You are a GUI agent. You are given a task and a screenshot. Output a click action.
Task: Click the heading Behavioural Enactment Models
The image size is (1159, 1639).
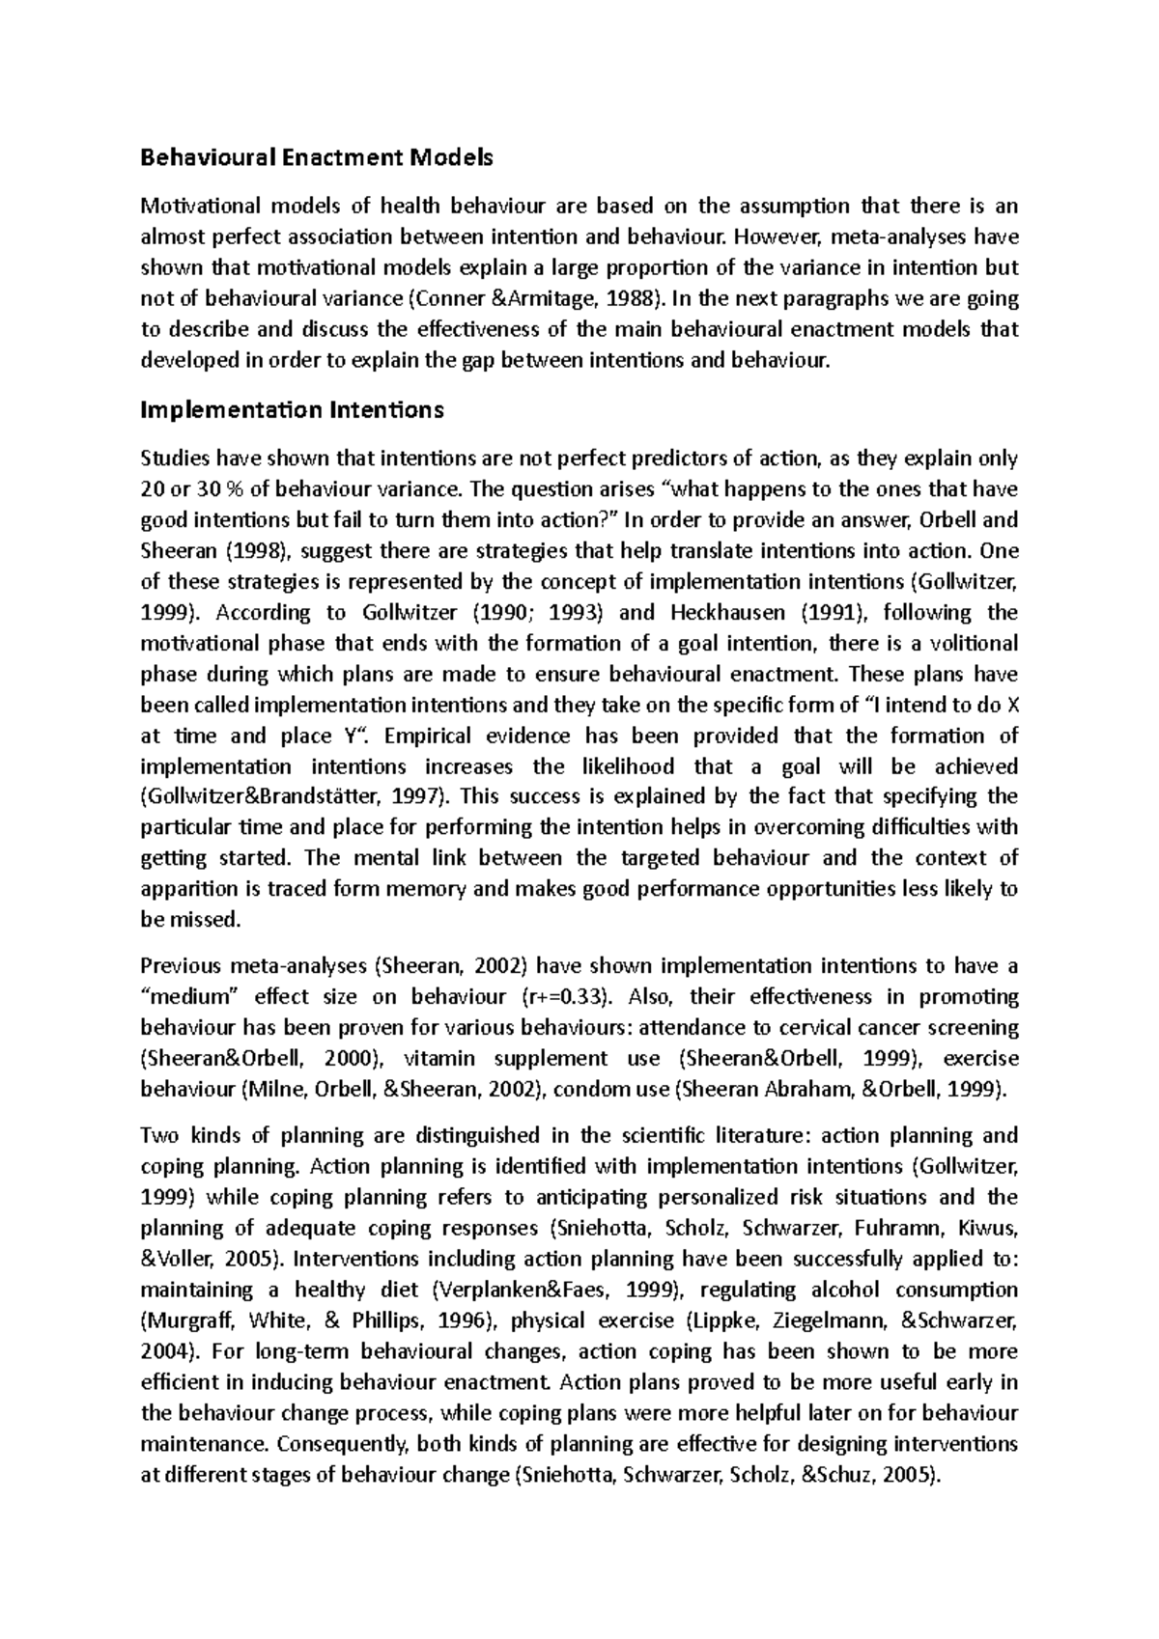317,156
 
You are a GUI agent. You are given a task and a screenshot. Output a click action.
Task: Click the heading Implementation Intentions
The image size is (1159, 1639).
292,410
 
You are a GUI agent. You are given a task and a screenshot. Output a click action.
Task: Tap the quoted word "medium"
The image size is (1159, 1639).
182,997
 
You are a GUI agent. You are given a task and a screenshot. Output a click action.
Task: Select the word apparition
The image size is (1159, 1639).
187,889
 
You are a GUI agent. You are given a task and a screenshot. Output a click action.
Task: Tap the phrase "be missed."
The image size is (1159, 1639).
188,920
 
